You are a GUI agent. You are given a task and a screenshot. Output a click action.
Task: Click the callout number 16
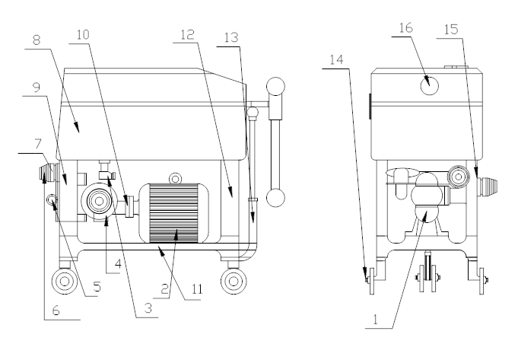click(406, 27)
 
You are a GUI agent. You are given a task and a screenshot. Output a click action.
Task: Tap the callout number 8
click(37, 40)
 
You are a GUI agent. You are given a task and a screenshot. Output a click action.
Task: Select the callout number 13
click(231, 38)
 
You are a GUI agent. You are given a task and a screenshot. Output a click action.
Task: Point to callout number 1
click(375, 320)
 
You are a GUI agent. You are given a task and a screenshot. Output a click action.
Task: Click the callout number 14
click(337, 60)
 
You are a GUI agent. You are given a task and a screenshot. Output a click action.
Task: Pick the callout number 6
click(56, 311)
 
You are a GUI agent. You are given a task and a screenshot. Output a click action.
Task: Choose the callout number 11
click(197, 289)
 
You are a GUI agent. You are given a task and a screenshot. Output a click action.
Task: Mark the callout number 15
click(451, 30)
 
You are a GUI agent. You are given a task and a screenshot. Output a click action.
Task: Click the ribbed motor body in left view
click(173, 213)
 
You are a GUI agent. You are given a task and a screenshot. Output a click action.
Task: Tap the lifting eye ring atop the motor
click(175, 179)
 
